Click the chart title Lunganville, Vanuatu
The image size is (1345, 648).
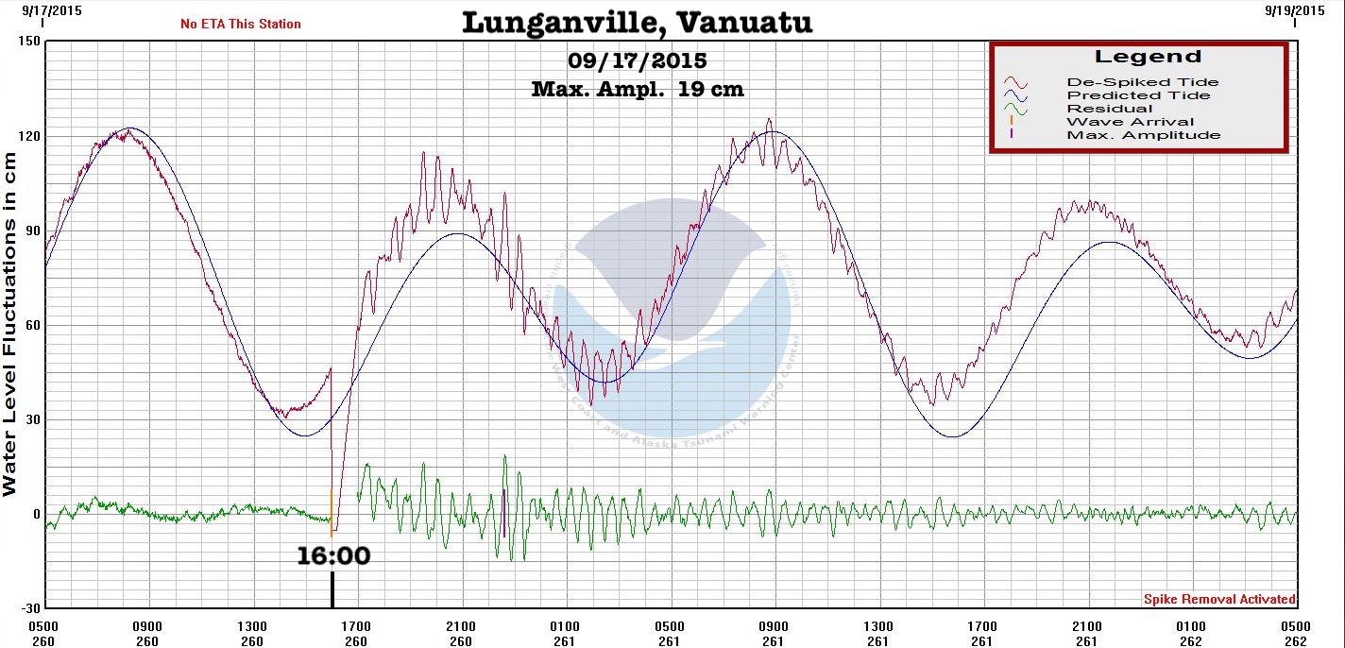(x=637, y=22)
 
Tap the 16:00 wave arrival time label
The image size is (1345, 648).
(x=333, y=555)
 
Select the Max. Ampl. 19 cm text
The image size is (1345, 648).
(x=637, y=90)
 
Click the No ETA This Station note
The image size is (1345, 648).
(x=241, y=24)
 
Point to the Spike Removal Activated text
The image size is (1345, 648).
(x=1219, y=599)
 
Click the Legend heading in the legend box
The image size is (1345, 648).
(x=1148, y=57)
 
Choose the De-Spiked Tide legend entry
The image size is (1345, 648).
(x=1142, y=82)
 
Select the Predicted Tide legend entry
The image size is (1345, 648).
(x=1138, y=95)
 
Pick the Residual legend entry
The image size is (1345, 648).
(x=1109, y=109)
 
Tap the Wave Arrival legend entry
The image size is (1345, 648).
(x=1130, y=122)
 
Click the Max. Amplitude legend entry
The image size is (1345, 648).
(x=1143, y=135)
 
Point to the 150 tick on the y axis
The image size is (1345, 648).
(x=28, y=42)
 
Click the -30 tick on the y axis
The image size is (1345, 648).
(x=28, y=607)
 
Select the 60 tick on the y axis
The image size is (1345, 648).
(x=32, y=325)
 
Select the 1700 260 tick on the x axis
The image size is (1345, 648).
(x=356, y=633)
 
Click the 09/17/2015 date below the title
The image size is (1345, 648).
(x=637, y=61)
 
